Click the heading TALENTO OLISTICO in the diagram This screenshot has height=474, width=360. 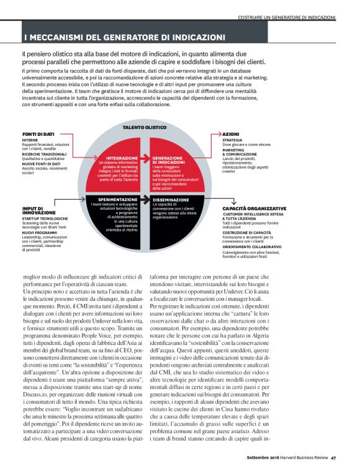click(144, 127)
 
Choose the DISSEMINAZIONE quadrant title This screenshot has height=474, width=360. click(171, 200)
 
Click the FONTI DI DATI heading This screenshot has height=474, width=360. click(38, 134)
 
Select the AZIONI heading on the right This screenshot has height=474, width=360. click(232, 134)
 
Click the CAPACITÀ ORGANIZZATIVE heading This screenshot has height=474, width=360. click(254, 208)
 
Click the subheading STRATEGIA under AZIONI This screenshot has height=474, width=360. click(234, 140)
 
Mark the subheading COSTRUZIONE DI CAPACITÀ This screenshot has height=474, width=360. click(252, 232)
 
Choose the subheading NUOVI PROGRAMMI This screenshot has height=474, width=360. click(40, 233)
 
